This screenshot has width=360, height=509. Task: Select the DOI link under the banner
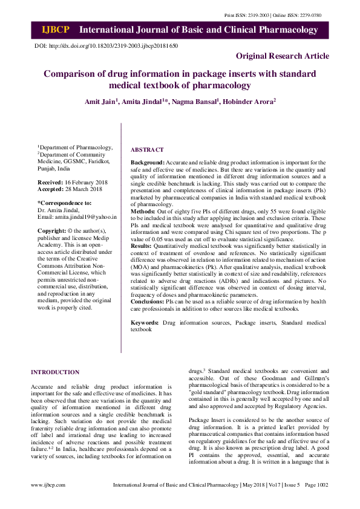(106, 46)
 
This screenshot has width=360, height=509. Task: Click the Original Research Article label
(283, 56)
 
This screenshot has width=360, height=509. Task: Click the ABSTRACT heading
(148, 149)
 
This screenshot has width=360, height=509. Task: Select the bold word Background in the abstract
(147, 163)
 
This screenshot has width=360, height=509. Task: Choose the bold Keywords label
(145, 323)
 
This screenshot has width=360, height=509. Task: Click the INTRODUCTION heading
(55, 372)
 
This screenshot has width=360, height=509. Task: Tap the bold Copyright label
(51, 231)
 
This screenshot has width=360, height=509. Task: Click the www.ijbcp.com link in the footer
(48, 501)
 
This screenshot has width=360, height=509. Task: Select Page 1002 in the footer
(316, 501)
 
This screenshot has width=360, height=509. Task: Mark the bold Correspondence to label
(65, 203)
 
